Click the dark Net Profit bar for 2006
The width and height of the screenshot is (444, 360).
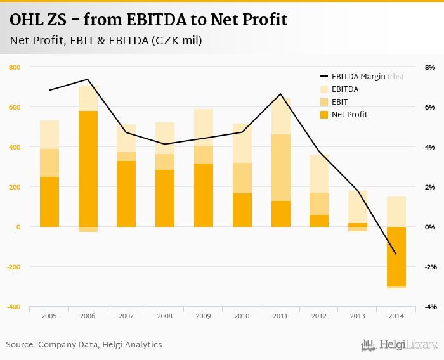tap(88, 169)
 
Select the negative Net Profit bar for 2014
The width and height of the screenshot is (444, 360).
tap(396, 256)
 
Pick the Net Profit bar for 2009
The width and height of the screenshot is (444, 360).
tap(204, 195)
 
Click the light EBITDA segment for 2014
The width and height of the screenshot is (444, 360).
tap(396, 211)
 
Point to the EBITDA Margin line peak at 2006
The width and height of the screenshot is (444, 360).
tap(88, 79)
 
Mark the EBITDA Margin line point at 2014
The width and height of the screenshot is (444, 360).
tap(396, 254)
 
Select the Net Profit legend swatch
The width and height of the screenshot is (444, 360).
tap(323, 115)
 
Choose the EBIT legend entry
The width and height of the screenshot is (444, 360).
tap(339, 102)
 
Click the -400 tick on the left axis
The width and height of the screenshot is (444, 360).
tap(13, 307)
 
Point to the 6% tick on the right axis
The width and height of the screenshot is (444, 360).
tap(429, 107)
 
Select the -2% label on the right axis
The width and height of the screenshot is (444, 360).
tap(429, 267)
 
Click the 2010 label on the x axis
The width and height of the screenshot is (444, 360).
tap(242, 315)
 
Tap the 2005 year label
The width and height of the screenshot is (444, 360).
tap(49, 315)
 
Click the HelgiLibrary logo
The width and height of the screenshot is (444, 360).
tap(399, 345)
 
